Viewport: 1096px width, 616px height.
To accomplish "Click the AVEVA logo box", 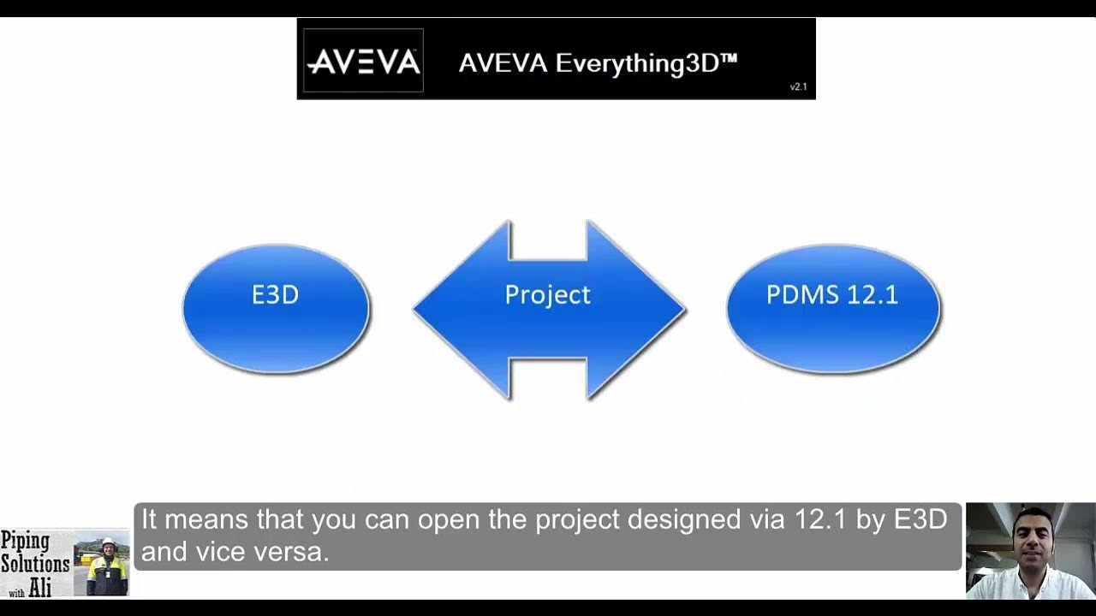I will point(363,60).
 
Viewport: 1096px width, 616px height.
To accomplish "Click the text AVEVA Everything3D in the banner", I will point(598,63).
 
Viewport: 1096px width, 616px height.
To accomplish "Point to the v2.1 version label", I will point(798,86).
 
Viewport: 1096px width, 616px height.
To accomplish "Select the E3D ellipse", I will point(276,308).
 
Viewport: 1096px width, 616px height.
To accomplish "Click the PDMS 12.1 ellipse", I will point(833,308).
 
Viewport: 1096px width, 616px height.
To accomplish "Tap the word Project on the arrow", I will point(547,295).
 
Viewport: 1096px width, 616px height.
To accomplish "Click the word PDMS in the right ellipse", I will point(797,295).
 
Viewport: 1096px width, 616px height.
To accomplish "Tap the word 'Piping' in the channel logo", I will point(25,542).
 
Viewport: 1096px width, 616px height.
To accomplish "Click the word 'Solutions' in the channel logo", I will point(35,564).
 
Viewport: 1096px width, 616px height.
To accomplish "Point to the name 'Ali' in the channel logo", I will point(40,588).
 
